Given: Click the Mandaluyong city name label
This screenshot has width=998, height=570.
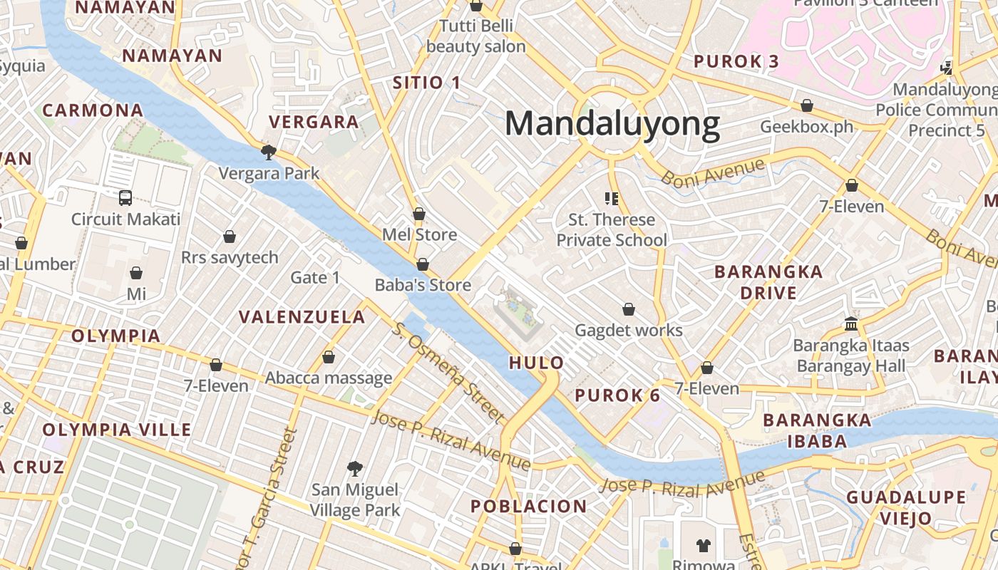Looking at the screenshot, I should pyautogui.click(x=612, y=124).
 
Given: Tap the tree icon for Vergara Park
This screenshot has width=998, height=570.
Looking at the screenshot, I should pyautogui.click(x=269, y=152).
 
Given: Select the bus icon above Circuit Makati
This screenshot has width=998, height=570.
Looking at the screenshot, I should pyautogui.click(x=125, y=197).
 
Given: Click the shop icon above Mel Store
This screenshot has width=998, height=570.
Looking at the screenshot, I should pyautogui.click(x=419, y=214).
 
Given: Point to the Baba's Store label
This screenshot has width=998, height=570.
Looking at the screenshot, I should pyautogui.click(x=423, y=285).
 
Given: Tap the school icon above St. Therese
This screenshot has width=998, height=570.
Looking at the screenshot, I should pyautogui.click(x=611, y=198).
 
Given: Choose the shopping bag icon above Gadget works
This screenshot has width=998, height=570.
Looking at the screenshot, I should pyautogui.click(x=629, y=309).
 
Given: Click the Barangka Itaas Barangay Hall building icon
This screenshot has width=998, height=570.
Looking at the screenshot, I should pyautogui.click(x=850, y=324).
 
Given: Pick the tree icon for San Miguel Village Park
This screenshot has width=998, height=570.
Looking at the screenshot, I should pyautogui.click(x=354, y=468).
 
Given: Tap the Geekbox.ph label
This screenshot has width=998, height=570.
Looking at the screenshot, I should pyautogui.click(x=806, y=127).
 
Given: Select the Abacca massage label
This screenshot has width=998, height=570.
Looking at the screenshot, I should pyautogui.click(x=329, y=378).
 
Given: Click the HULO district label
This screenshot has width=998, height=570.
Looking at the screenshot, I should pyautogui.click(x=536, y=363).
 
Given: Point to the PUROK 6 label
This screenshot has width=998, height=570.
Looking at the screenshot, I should pyautogui.click(x=617, y=395).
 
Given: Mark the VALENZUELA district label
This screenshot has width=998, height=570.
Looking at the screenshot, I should pyautogui.click(x=302, y=317).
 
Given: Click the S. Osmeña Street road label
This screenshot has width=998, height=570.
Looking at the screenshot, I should pyautogui.click(x=448, y=372).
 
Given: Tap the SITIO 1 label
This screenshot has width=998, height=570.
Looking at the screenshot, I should pyautogui.click(x=426, y=83).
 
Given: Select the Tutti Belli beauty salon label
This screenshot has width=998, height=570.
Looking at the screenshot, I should pyautogui.click(x=475, y=36).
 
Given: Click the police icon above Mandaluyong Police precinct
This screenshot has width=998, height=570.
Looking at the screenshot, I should pyautogui.click(x=947, y=68).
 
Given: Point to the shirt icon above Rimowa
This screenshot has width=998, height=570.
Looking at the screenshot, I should pyautogui.click(x=704, y=546).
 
